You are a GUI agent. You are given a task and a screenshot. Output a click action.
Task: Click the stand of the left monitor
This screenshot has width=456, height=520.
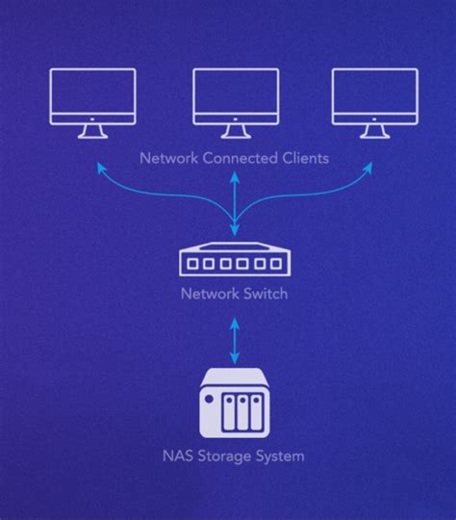[92, 133]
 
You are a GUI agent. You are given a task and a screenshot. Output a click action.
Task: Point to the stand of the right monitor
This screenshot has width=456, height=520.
[375, 133]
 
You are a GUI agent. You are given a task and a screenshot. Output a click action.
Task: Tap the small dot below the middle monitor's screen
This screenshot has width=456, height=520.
[236, 121]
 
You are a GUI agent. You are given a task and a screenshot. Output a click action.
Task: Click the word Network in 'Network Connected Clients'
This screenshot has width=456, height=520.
[168, 158]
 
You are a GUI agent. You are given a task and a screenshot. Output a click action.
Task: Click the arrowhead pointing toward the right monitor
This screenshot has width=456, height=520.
[368, 168]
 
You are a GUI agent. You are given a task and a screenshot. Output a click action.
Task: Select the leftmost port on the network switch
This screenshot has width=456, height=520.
[193, 263]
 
